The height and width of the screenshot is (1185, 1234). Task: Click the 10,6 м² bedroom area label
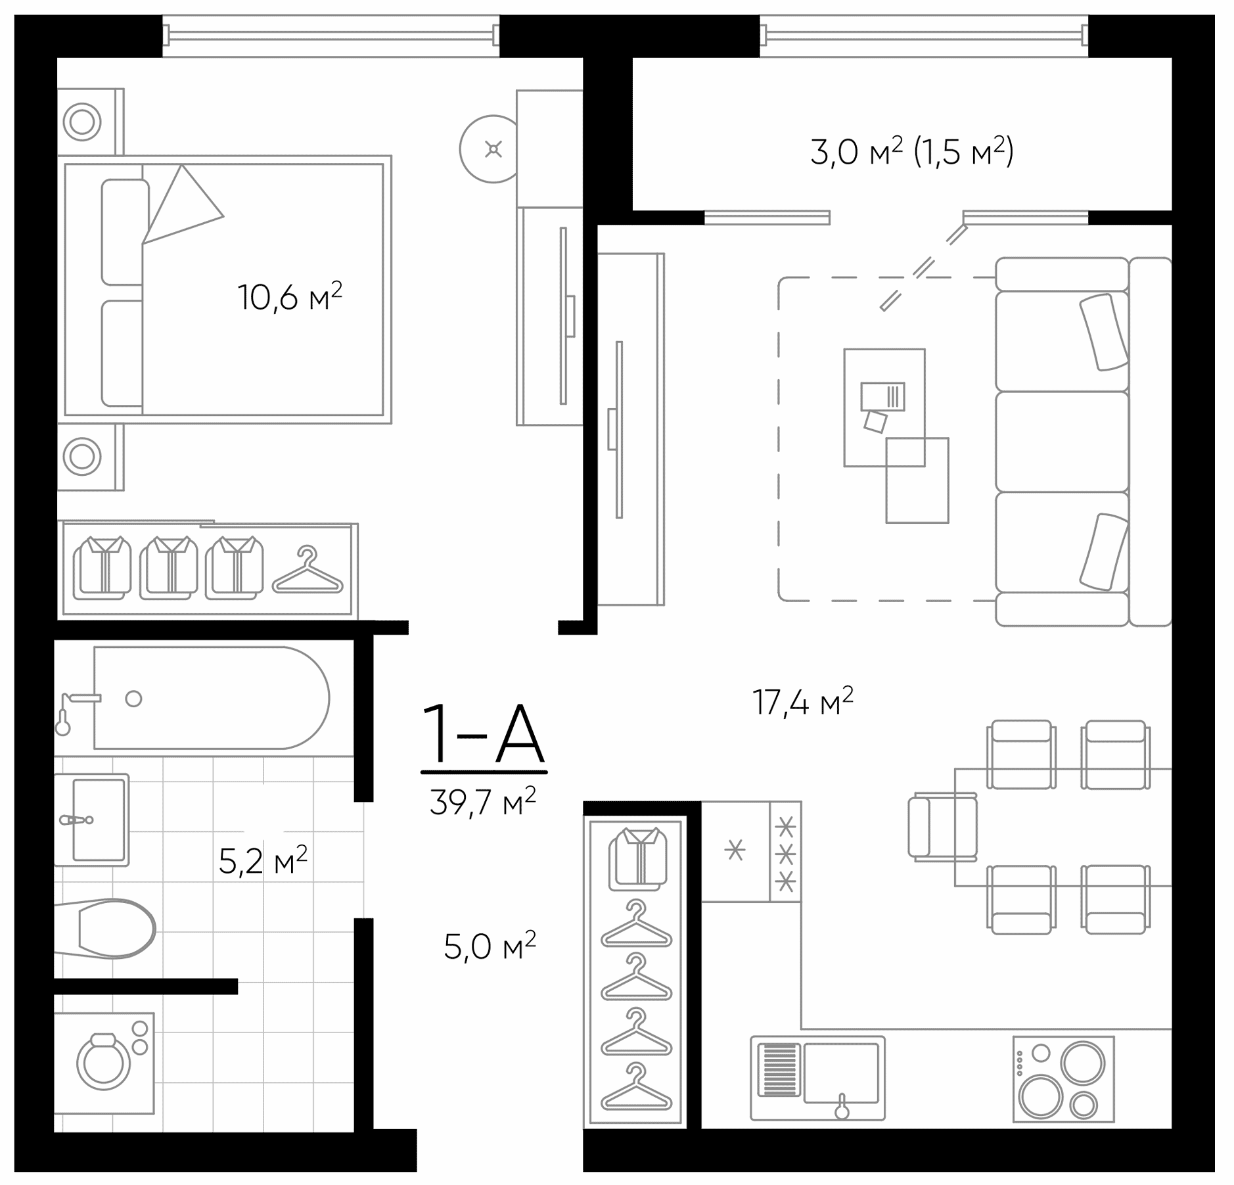tap(290, 297)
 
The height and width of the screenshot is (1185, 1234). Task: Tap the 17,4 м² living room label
tap(802, 702)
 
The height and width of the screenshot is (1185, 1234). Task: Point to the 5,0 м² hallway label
tap(490, 946)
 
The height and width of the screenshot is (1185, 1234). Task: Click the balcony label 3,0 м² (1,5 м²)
tap(911, 152)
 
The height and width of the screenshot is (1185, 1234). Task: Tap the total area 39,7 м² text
tap(483, 801)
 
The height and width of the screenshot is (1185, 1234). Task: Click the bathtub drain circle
tap(133, 699)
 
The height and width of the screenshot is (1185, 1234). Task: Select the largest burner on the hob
tap(1040, 1096)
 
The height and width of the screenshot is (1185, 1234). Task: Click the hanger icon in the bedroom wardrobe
tap(308, 572)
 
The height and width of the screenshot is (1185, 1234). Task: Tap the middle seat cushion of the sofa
tap(1061, 442)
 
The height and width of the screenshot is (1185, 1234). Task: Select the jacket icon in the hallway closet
tap(637, 858)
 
